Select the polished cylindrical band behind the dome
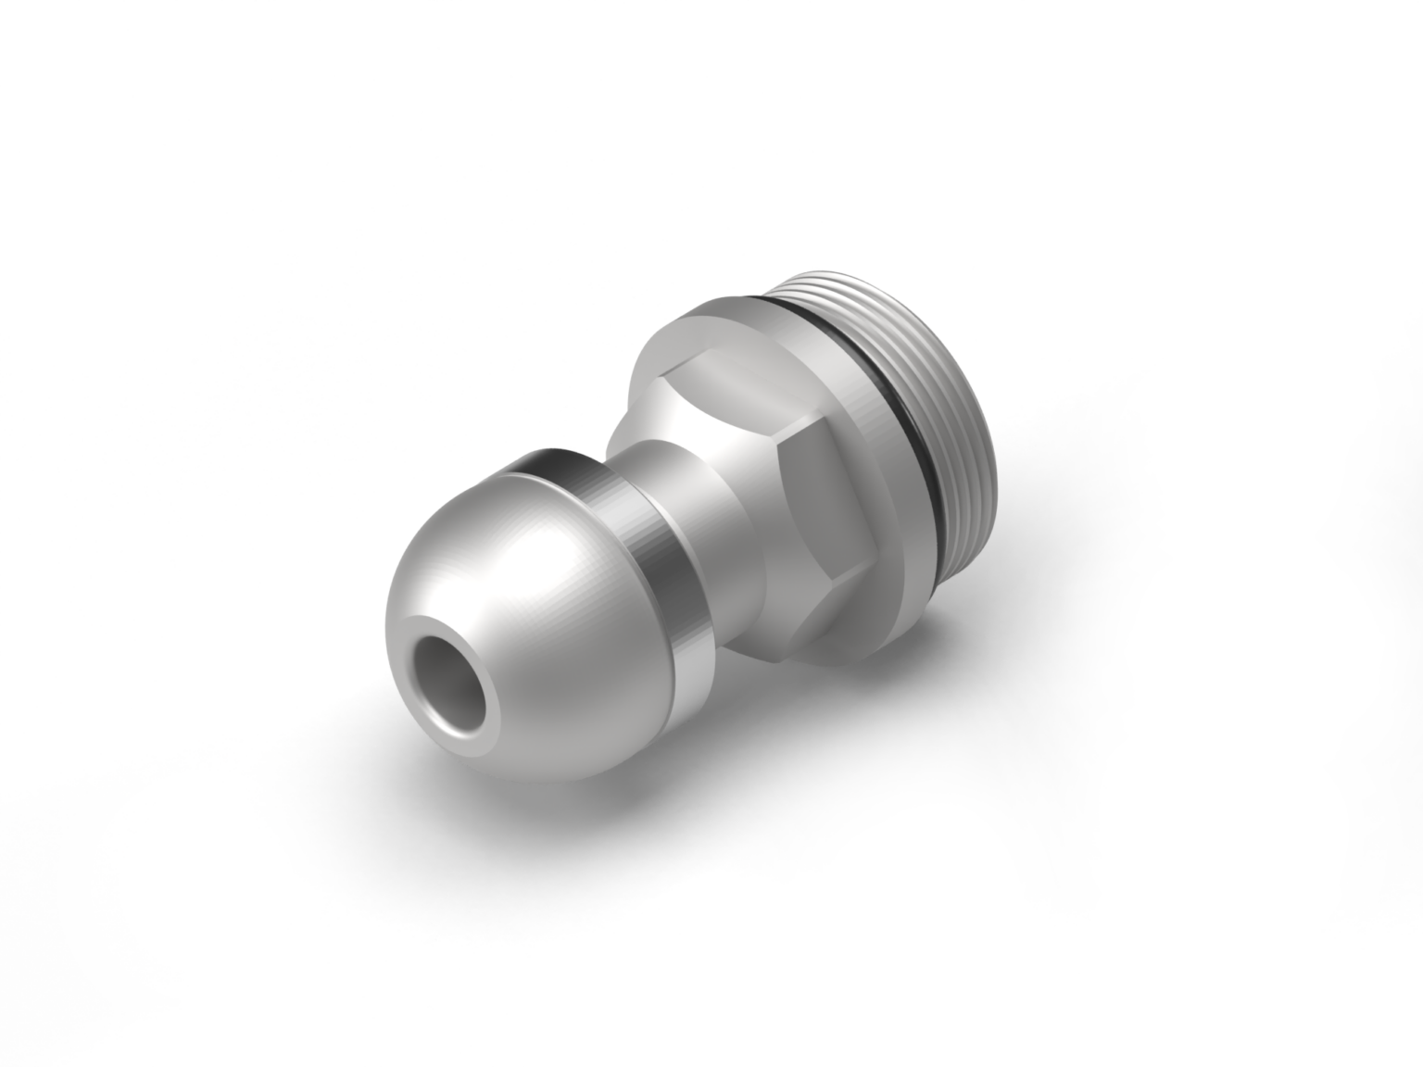point(649,556)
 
